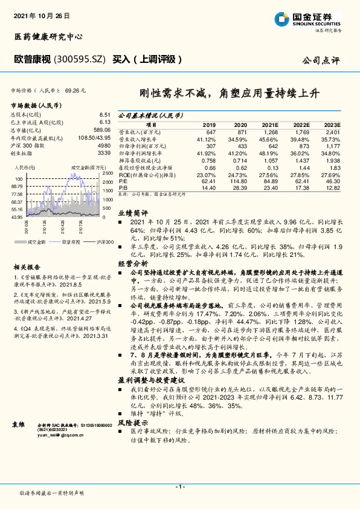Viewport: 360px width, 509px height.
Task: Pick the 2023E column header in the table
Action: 333,124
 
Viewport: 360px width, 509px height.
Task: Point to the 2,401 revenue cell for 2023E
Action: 332,132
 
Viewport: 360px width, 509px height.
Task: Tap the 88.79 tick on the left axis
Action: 16,187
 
